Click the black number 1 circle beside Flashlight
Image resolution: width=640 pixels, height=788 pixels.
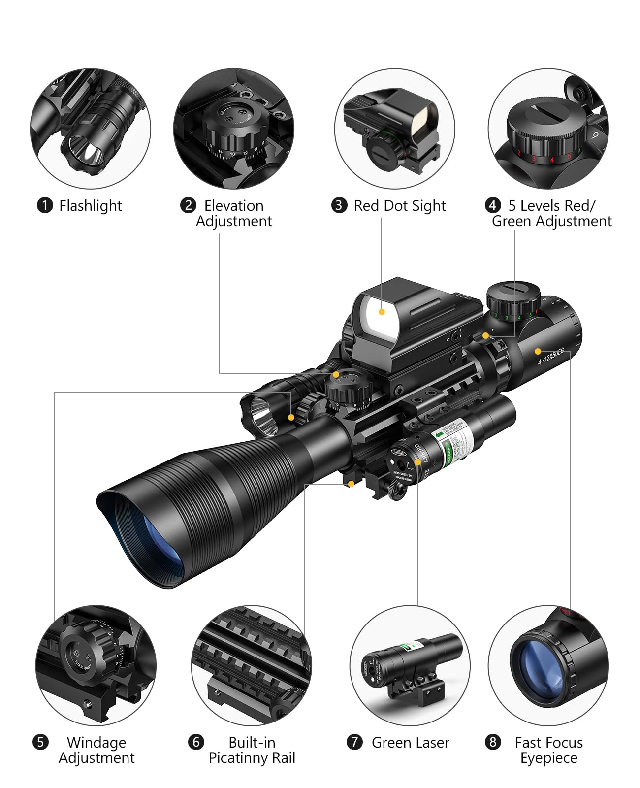pos(45,205)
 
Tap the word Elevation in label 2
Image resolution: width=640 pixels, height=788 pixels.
pos(234,205)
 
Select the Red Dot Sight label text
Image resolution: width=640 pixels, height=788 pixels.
pos(399,205)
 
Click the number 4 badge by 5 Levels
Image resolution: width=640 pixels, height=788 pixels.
pos(493,205)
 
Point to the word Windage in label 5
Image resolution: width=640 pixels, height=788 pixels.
pos(96,742)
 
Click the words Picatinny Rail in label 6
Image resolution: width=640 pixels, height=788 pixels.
pos(252,758)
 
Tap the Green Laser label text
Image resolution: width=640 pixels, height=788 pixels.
pos(410,742)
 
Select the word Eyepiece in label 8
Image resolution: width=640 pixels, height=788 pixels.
pos(548,758)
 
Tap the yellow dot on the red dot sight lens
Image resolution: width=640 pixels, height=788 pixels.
pos(382,312)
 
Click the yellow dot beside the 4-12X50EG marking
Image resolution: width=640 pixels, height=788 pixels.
pos(538,351)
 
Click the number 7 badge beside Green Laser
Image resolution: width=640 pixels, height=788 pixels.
pos(354,742)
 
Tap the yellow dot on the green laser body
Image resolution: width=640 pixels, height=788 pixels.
pos(417,462)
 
